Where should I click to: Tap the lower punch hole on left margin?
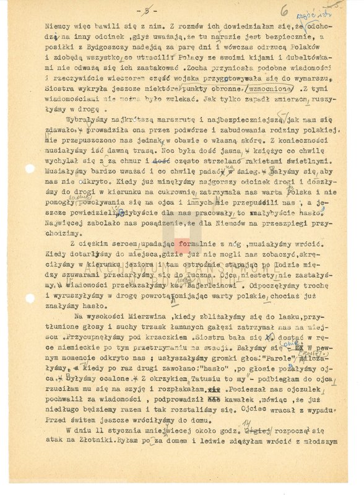[x=30, y=298]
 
